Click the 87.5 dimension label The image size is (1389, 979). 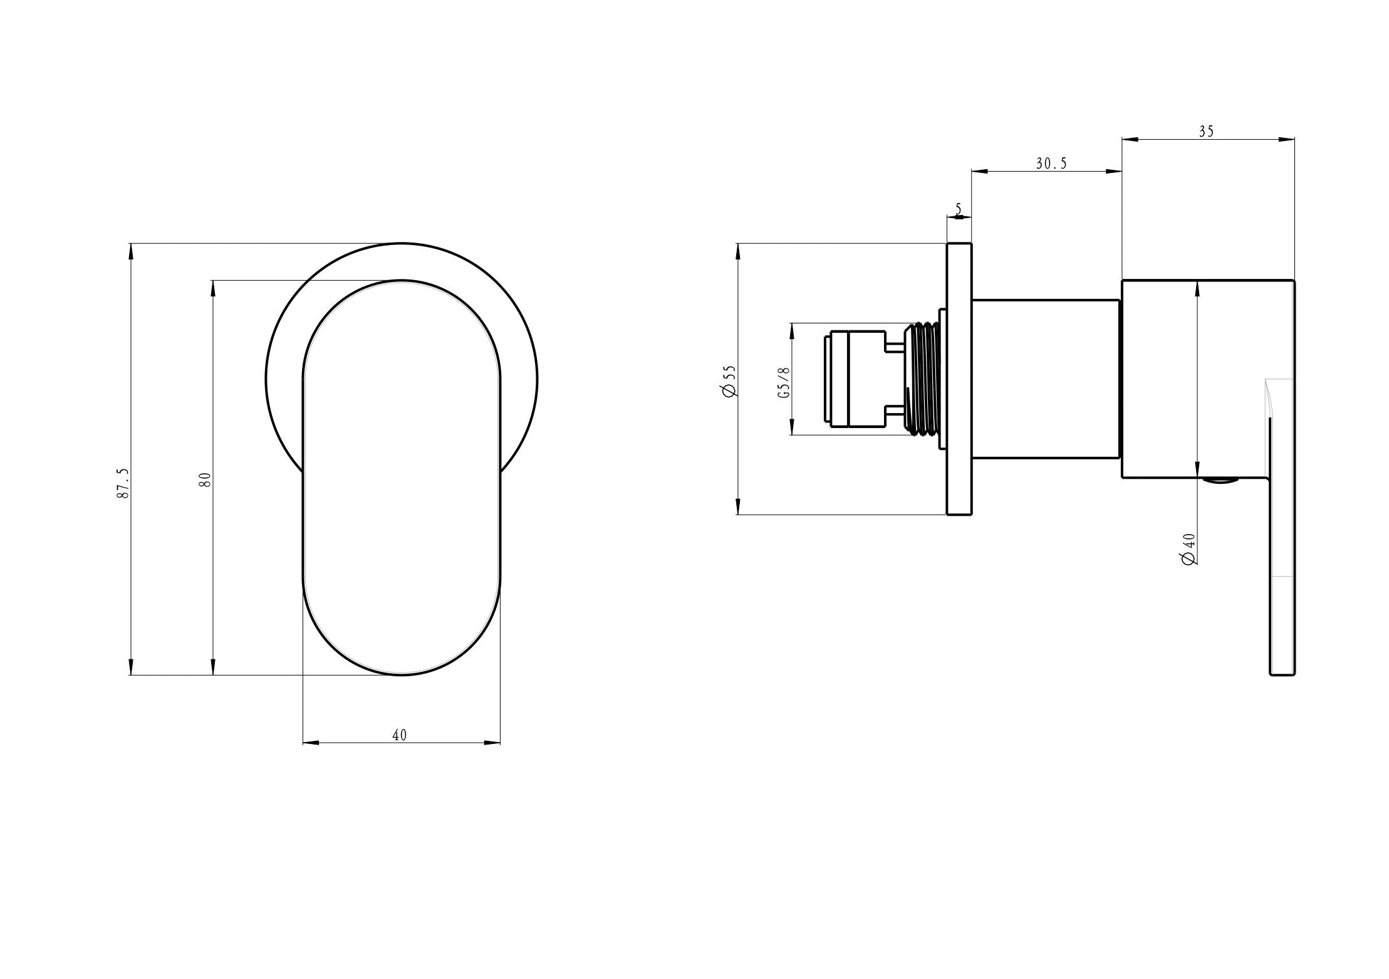coord(123,483)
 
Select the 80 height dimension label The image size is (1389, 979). coord(205,479)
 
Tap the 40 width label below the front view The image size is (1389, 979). coord(400,735)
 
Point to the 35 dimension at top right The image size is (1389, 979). coord(1206,132)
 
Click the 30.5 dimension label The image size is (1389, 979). coord(1051,164)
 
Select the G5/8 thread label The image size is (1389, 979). coord(784,383)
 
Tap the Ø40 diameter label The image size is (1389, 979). coord(1189,550)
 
